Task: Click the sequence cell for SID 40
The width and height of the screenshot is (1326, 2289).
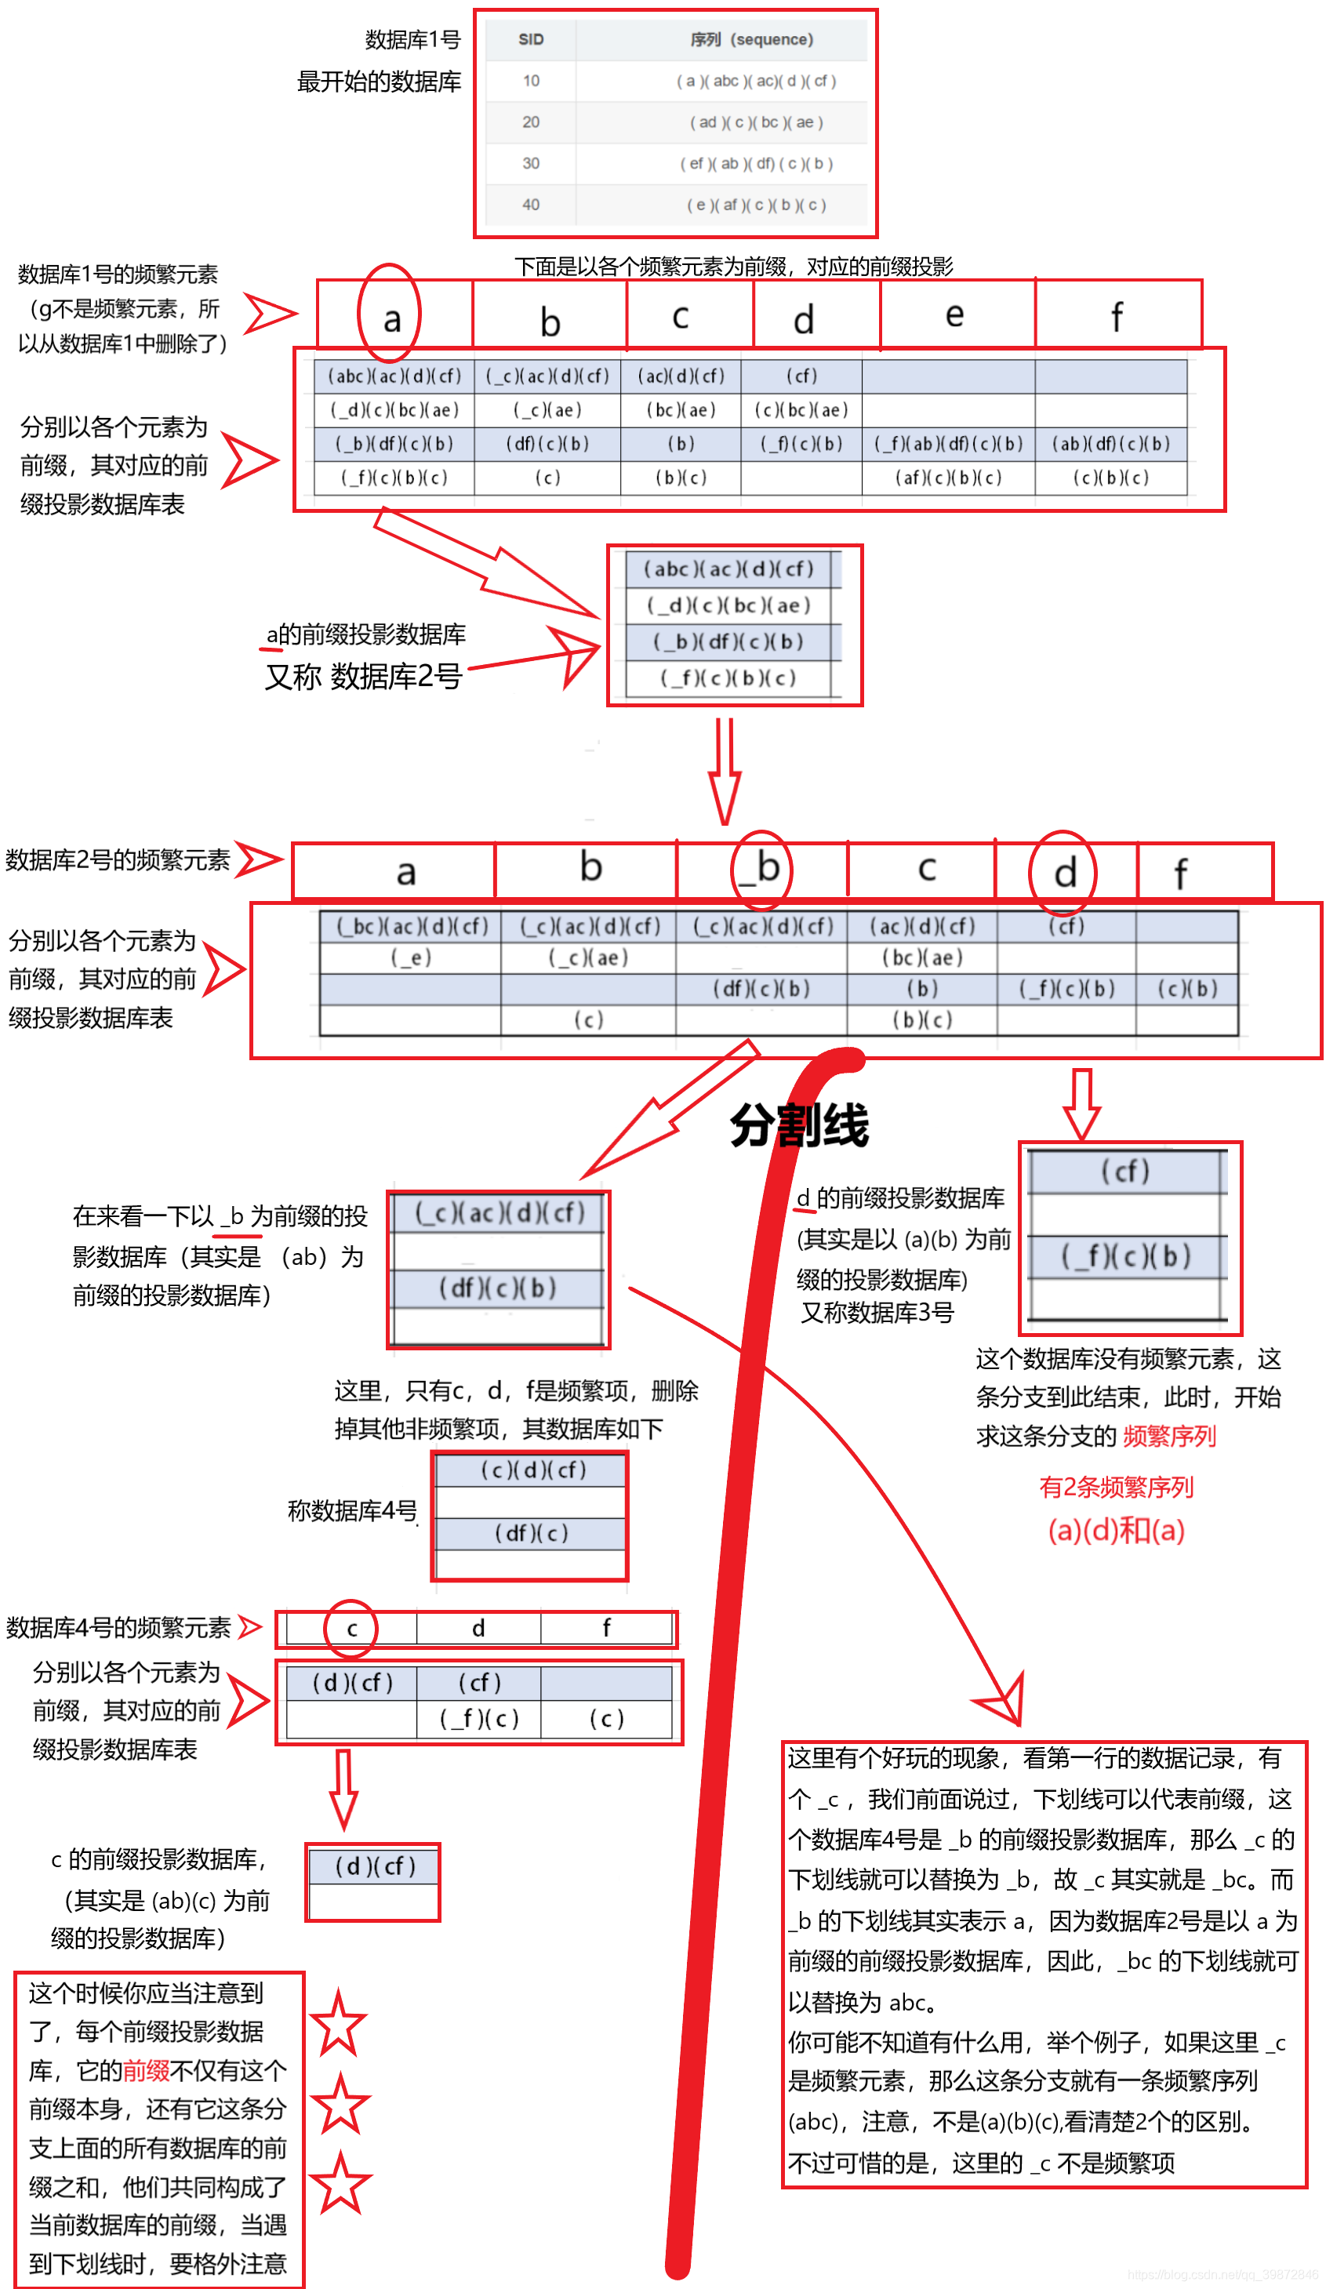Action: pyautogui.click(x=756, y=205)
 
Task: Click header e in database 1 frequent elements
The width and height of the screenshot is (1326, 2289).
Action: pyautogui.click(x=954, y=314)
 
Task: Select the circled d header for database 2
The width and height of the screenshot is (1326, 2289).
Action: pyautogui.click(x=1064, y=873)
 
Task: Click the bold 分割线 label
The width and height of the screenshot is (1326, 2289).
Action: pyautogui.click(x=799, y=1125)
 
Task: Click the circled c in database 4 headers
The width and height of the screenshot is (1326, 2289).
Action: pyautogui.click(x=351, y=1629)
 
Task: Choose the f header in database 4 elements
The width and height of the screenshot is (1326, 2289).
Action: pyautogui.click(x=606, y=1628)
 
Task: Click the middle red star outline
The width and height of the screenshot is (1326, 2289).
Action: pyautogui.click(x=340, y=2105)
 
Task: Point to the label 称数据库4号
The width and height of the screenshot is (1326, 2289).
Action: pyautogui.click(x=351, y=1510)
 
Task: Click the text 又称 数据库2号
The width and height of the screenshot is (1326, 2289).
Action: pyautogui.click(x=363, y=677)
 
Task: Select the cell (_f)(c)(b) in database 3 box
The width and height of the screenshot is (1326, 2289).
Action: pyautogui.click(x=1125, y=1256)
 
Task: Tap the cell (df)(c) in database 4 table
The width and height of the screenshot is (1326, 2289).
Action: pyautogui.click(x=532, y=1533)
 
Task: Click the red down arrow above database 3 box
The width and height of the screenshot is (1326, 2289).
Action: pyautogui.click(x=1081, y=1103)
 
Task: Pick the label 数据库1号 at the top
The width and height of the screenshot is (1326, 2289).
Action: pyautogui.click(x=412, y=40)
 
